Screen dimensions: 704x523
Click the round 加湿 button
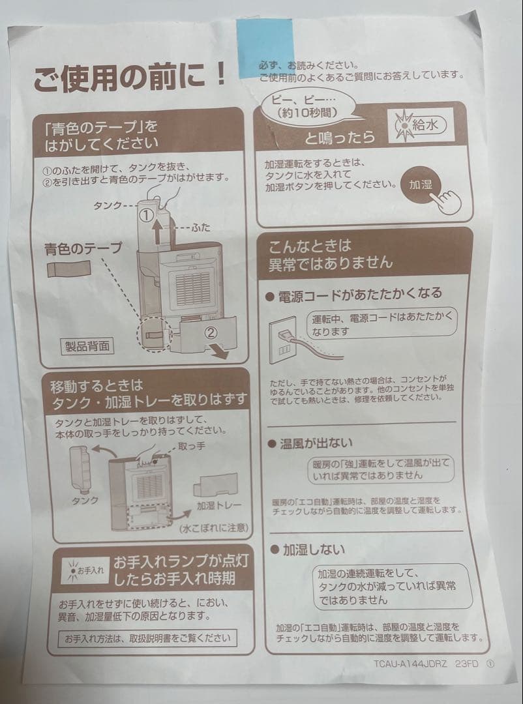421,184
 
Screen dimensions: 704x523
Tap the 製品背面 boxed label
87,345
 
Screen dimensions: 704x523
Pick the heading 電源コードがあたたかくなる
361,294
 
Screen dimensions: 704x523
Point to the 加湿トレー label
219,506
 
